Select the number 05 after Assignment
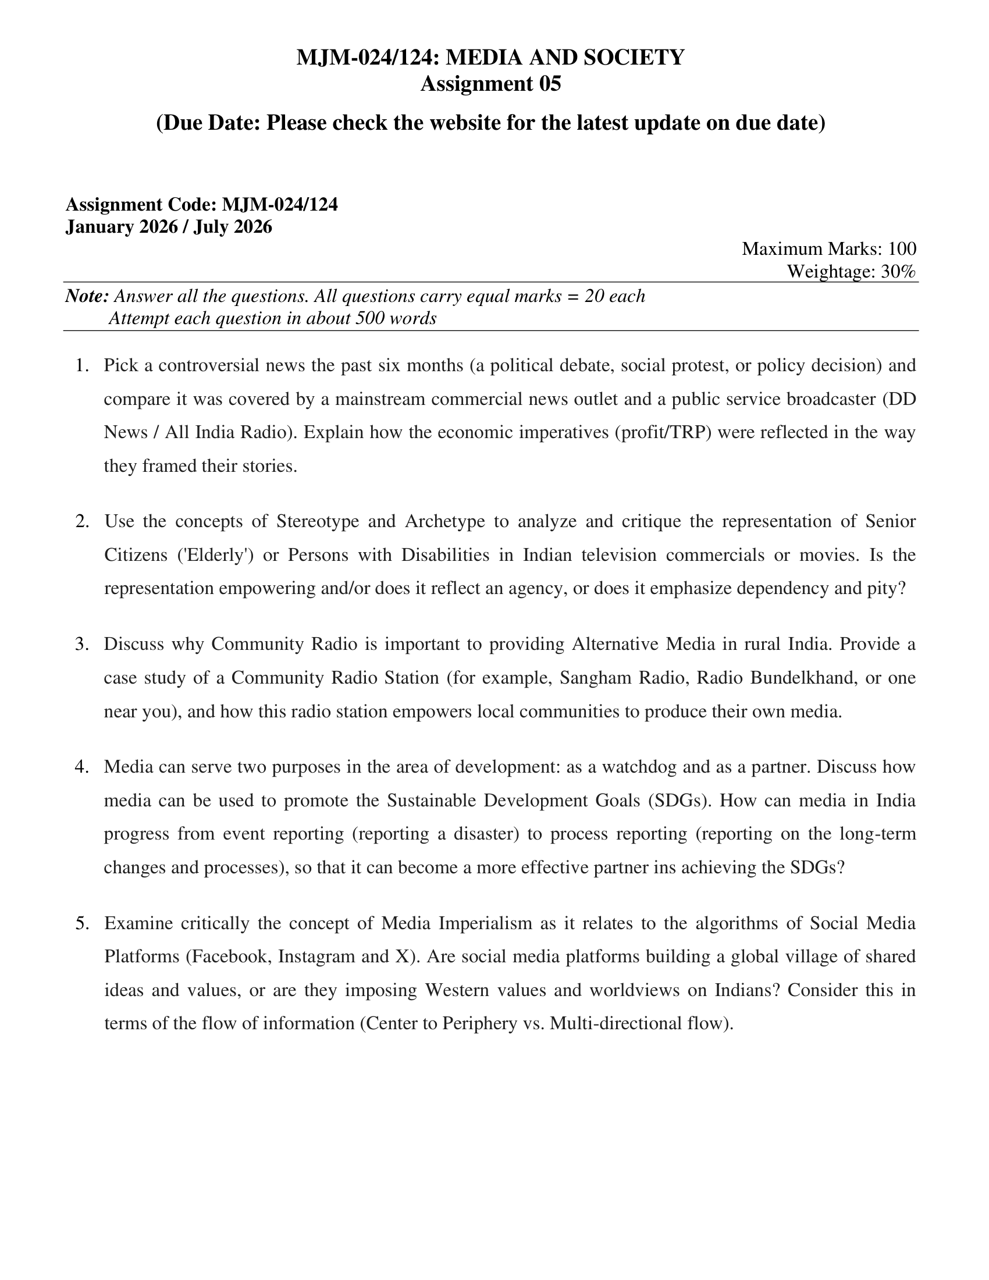[549, 84]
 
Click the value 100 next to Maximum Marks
[902, 249]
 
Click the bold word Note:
[87, 296]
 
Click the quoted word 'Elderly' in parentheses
[215, 554]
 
